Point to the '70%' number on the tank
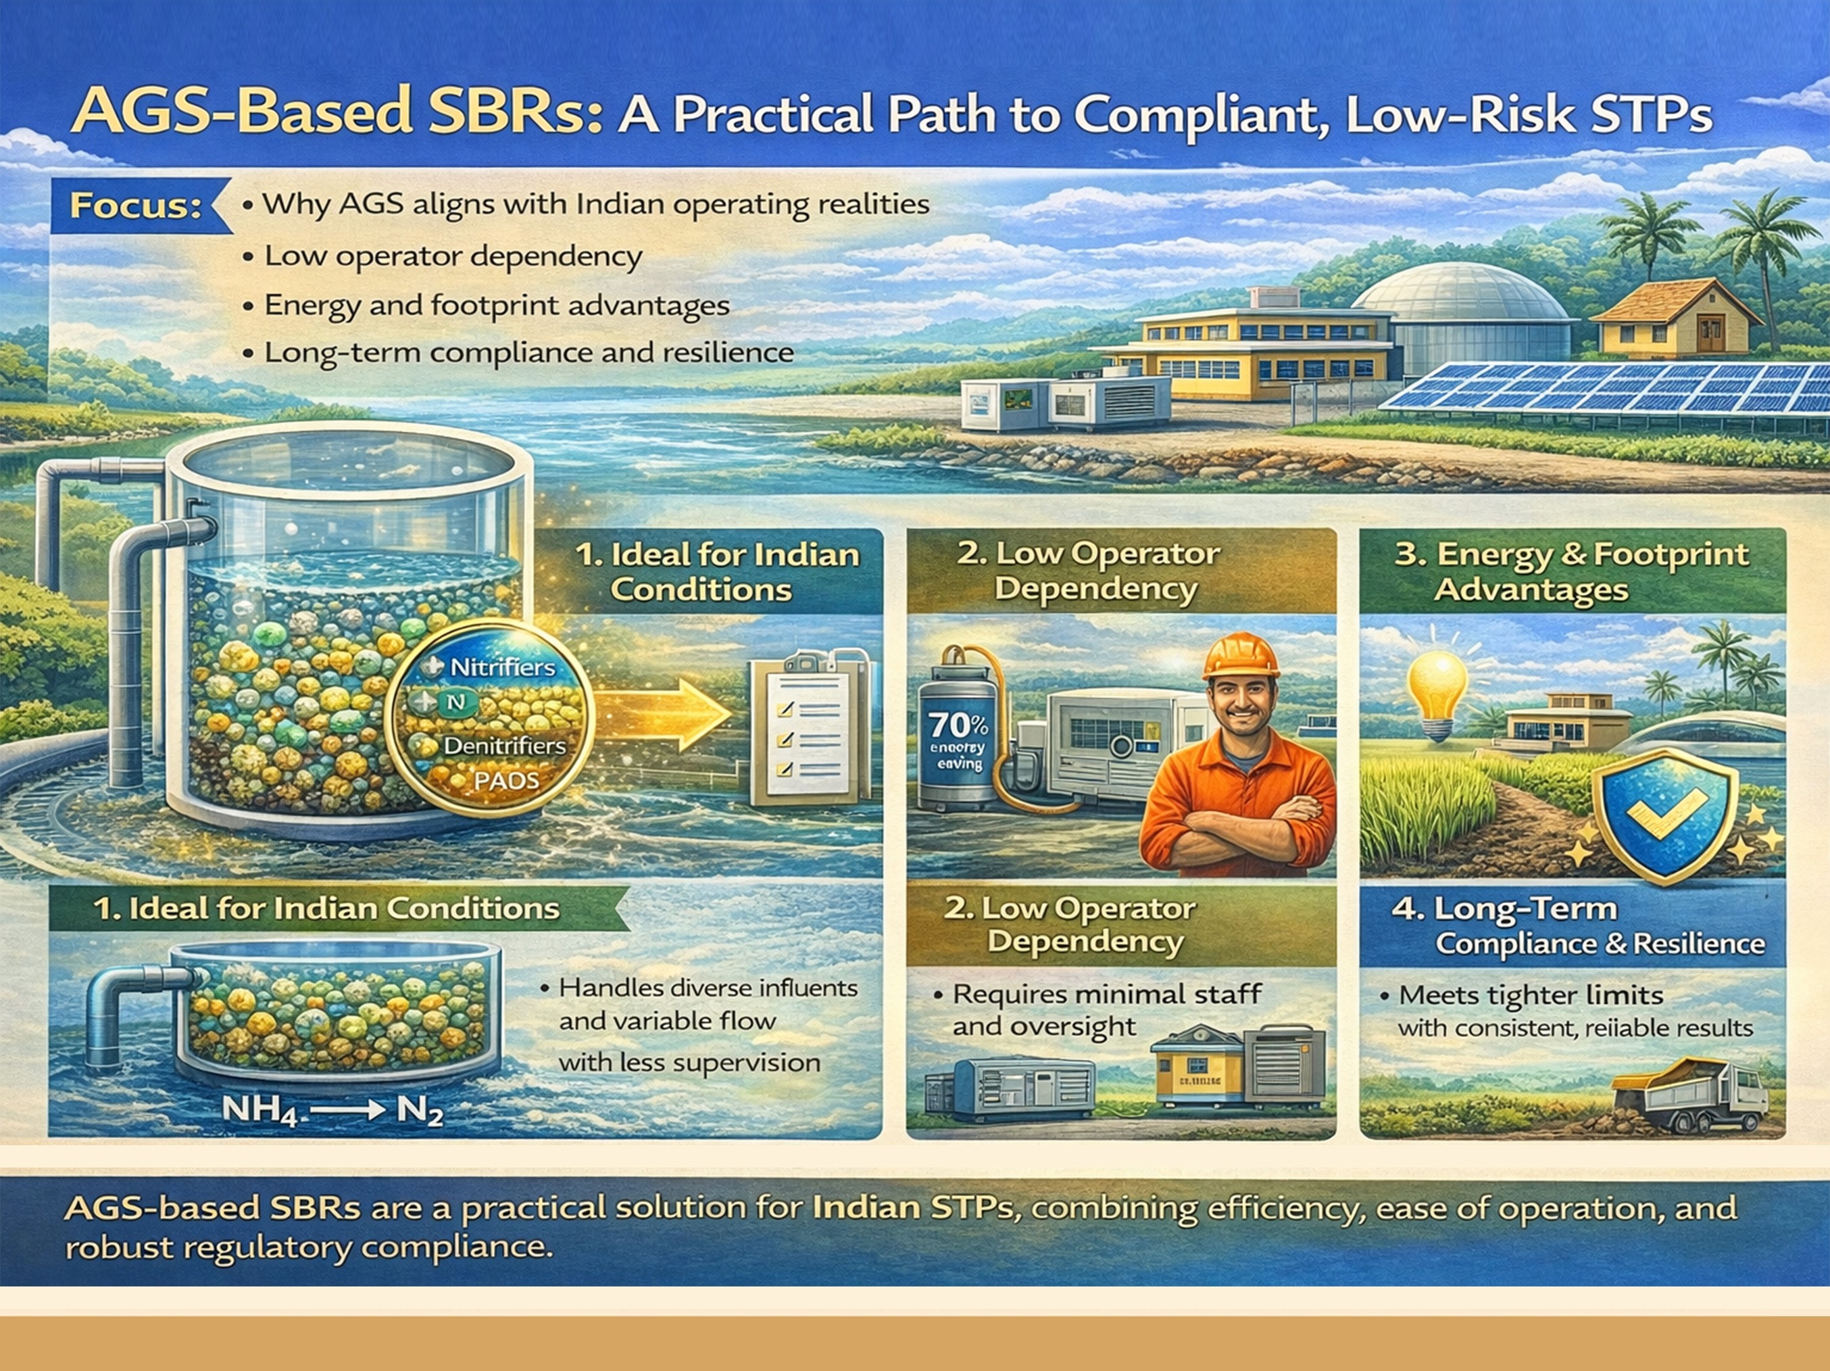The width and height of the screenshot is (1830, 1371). pos(958,725)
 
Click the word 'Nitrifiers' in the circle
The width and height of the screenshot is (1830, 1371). pos(502,667)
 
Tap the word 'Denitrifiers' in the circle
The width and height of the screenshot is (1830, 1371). pos(504,746)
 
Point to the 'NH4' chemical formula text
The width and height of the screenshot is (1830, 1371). pos(259,1109)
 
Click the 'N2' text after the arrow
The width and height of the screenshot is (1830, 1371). pos(420,1111)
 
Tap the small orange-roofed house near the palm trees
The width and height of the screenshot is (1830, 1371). pos(1675,318)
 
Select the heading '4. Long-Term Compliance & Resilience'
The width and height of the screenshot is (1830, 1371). pos(1576,926)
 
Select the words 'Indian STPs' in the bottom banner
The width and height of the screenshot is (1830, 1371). pos(912,1208)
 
